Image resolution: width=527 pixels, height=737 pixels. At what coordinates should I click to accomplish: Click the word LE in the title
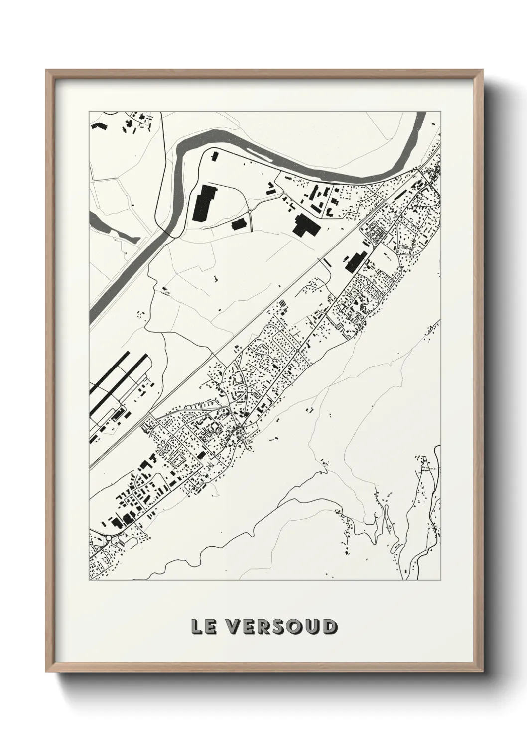[205, 627]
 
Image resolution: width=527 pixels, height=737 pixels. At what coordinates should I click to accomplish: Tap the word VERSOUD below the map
[282, 627]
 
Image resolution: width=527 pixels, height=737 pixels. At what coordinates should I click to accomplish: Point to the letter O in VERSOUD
[298, 627]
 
